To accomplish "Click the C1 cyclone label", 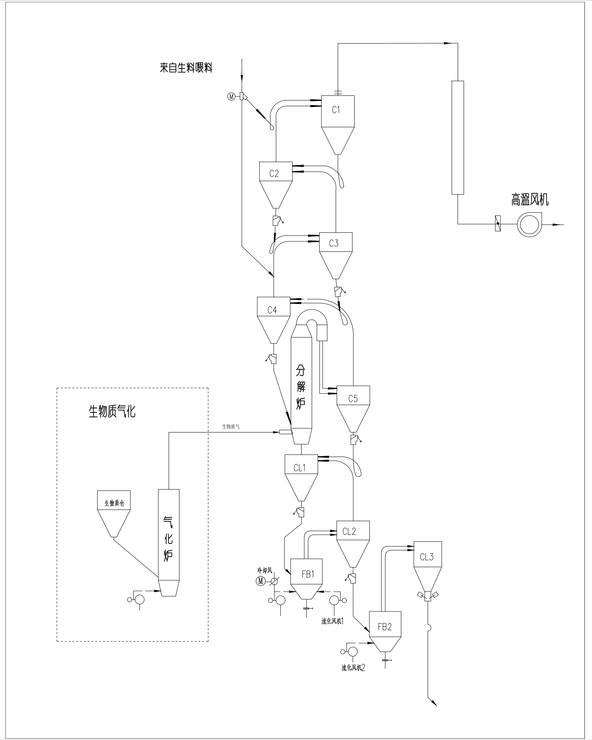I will (336, 110).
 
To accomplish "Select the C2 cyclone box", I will (276, 171).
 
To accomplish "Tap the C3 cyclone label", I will (334, 243).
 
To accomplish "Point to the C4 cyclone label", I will (272, 310).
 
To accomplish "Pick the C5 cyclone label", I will (353, 399).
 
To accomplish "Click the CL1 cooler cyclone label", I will (300, 468).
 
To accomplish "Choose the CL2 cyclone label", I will (349, 531).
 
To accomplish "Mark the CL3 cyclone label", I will (427, 557).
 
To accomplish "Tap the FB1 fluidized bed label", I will (307, 574).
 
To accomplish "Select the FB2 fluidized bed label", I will (385, 627).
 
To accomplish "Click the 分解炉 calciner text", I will (301, 387).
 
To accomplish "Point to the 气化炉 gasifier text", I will (168, 539).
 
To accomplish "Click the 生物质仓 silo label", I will (114, 503).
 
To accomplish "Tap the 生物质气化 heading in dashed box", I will (112, 411).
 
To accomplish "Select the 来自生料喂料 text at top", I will (186, 68).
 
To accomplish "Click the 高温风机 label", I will (530, 200).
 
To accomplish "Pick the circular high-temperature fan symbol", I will (529, 225).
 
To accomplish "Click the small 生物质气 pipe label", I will (231, 427).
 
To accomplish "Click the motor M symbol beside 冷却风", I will (260, 581).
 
